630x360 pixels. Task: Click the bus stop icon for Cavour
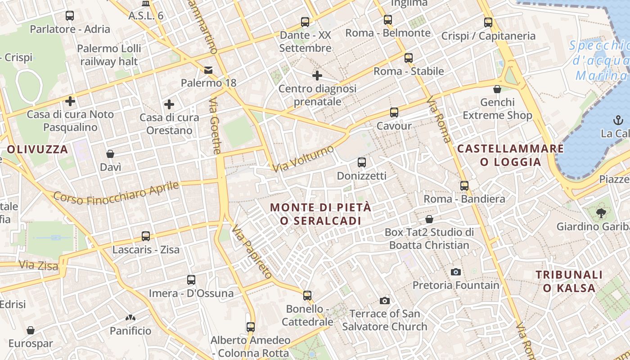pyautogui.click(x=394, y=112)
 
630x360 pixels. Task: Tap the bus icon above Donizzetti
pyautogui.click(x=361, y=162)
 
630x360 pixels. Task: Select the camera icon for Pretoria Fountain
pyautogui.click(x=455, y=272)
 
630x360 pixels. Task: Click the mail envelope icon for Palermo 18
pyautogui.click(x=208, y=70)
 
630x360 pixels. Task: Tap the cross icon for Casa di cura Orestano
pyautogui.click(x=169, y=105)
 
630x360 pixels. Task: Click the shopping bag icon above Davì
pyautogui.click(x=110, y=154)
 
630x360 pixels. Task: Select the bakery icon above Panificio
pyautogui.click(x=130, y=318)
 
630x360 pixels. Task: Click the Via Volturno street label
pyautogui.click(x=303, y=159)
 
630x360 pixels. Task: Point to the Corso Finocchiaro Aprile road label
pyautogui.click(x=116, y=192)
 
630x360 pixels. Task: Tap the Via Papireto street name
pyautogui.click(x=252, y=252)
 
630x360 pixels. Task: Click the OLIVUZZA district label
pyautogui.click(x=37, y=149)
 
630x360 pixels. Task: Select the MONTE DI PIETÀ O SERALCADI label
pyautogui.click(x=321, y=214)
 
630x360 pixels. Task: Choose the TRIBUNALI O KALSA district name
pyautogui.click(x=569, y=281)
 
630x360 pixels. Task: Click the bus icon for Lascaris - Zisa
pyautogui.click(x=146, y=236)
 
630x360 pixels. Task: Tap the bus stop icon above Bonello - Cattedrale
pyautogui.click(x=307, y=296)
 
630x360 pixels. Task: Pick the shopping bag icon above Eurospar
pyautogui.click(x=31, y=331)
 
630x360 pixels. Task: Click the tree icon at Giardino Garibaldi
pyautogui.click(x=601, y=213)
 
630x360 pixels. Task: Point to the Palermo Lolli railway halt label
pyautogui.click(x=109, y=55)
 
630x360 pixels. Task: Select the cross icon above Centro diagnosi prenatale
pyautogui.click(x=317, y=75)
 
